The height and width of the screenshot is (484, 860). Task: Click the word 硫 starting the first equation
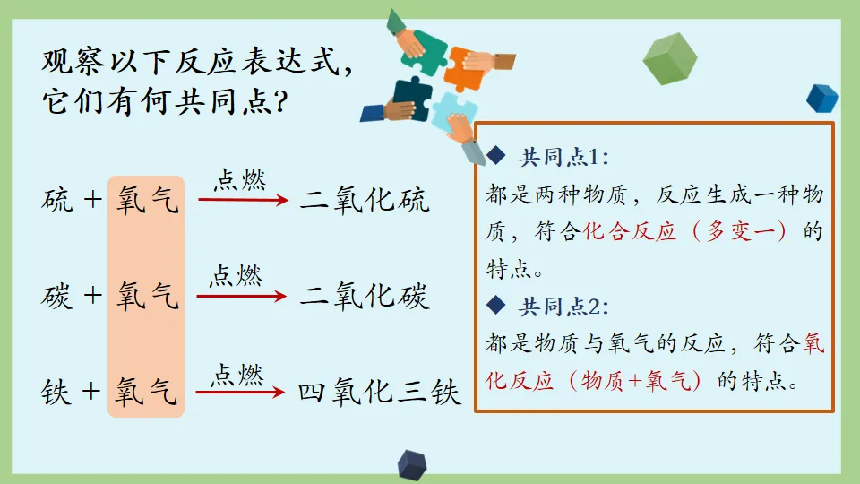pos(57,199)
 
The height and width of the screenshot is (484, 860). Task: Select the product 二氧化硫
pos(365,199)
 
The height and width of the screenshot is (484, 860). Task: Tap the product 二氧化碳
pos(365,296)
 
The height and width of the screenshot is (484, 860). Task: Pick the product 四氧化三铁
pos(379,393)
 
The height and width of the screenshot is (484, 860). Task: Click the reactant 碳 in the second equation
pos(57,296)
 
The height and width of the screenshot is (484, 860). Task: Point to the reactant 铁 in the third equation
pos(57,393)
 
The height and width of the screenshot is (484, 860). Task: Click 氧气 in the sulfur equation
pos(147,199)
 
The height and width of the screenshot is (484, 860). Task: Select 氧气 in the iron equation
pos(147,393)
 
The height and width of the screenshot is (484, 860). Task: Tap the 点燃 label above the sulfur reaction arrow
pos(239,179)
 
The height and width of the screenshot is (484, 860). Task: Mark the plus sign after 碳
pos(93,296)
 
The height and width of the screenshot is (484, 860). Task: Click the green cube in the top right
pos(670,58)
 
